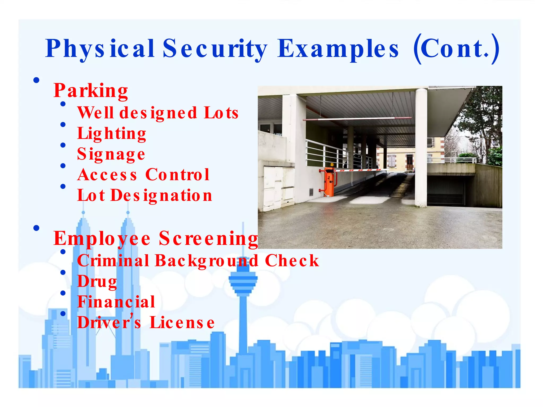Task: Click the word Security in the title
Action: click(215, 48)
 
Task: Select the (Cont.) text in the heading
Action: click(456, 48)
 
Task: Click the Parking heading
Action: click(91, 91)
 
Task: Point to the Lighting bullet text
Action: click(112, 133)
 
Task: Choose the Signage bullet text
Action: click(111, 154)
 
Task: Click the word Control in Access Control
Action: click(177, 175)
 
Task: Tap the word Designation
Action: click(161, 196)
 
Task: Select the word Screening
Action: click(208, 238)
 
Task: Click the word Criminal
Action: click(113, 260)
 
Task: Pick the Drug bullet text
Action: click(97, 281)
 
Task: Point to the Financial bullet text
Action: click(116, 302)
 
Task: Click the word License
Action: click(182, 322)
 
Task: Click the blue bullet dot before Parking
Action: click(37, 80)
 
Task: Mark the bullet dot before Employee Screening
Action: click(37, 228)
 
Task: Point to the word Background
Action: click(207, 261)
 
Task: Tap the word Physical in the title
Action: click(100, 48)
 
